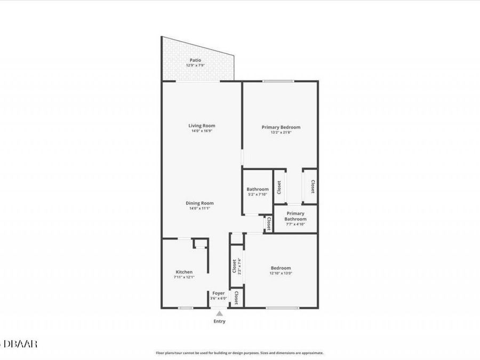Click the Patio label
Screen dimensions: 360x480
[196, 60]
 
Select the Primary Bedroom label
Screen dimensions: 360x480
[281, 127]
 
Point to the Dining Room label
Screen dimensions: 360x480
[199, 203]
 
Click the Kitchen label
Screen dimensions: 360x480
[184, 272]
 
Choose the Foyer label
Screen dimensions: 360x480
[219, 293]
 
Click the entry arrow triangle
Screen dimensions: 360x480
[219, 314]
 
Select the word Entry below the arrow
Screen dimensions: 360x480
[219, 322]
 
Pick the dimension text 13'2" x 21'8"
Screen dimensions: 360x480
[281, 133]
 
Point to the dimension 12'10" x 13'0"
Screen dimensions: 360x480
[281, 273]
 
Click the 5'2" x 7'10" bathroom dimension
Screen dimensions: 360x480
[257, 195]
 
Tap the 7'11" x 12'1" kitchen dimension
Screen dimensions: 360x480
[184, 277]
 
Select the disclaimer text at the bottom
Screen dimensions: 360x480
[239, 353]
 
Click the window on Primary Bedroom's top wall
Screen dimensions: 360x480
[278, 81]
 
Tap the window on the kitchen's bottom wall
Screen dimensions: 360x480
[186, 308]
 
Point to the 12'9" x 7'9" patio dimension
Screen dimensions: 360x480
[196, 65]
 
